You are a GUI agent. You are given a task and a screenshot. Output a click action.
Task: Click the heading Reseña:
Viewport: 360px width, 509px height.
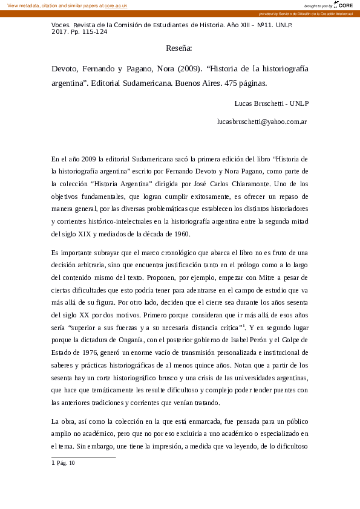[x=179, y=48]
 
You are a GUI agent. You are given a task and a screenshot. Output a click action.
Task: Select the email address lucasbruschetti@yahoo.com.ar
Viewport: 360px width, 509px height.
[x=262, y=122]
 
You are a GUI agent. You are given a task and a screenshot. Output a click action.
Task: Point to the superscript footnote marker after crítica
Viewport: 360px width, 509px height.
[x=243, y=325]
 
